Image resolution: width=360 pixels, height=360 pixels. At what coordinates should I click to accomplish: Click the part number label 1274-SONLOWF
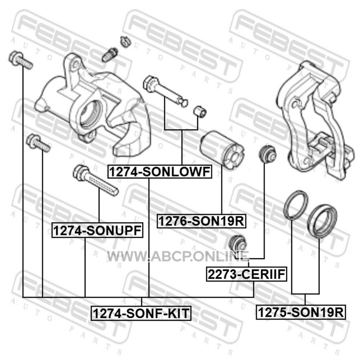click(x=160, y=172)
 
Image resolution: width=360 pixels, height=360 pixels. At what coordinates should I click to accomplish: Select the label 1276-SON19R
click(x=201, y=221)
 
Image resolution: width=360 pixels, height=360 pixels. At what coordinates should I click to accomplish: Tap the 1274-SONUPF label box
click(x=97, y=230)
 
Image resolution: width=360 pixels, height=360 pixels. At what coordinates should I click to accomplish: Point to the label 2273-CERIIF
click(x=246, y=274)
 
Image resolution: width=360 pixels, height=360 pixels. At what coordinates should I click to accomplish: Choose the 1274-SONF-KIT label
click(x=141, y=313)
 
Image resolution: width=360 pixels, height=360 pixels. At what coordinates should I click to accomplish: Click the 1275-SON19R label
click(x=301, y=312)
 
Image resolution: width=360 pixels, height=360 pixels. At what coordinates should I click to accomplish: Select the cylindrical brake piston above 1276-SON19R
click(x=222, y=150)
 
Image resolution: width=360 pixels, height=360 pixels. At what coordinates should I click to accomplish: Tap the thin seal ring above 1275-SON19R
click(x=296, y=204)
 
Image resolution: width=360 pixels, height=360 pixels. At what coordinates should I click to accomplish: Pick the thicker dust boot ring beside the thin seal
click(x=322, y=221)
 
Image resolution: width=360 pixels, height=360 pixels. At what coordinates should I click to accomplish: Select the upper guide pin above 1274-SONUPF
click(x=95, y=180)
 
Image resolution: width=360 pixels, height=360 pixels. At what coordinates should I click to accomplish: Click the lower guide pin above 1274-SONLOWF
click(x=165, y=91)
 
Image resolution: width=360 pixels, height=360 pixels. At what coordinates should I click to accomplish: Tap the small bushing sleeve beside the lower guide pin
click(x=200, y=111)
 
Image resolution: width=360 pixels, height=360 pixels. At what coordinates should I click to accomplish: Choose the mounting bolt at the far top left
click(x=20, y=60)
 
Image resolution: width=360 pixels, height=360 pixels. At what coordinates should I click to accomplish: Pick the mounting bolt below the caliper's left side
click(x=38, y=143)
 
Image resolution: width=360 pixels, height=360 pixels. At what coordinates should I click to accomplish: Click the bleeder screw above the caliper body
click(x=110, y=54)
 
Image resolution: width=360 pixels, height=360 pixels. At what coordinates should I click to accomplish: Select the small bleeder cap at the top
click(x=126, y=41)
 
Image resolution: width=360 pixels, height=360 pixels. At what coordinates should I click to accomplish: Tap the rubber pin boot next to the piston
click(x=267, y=153)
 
